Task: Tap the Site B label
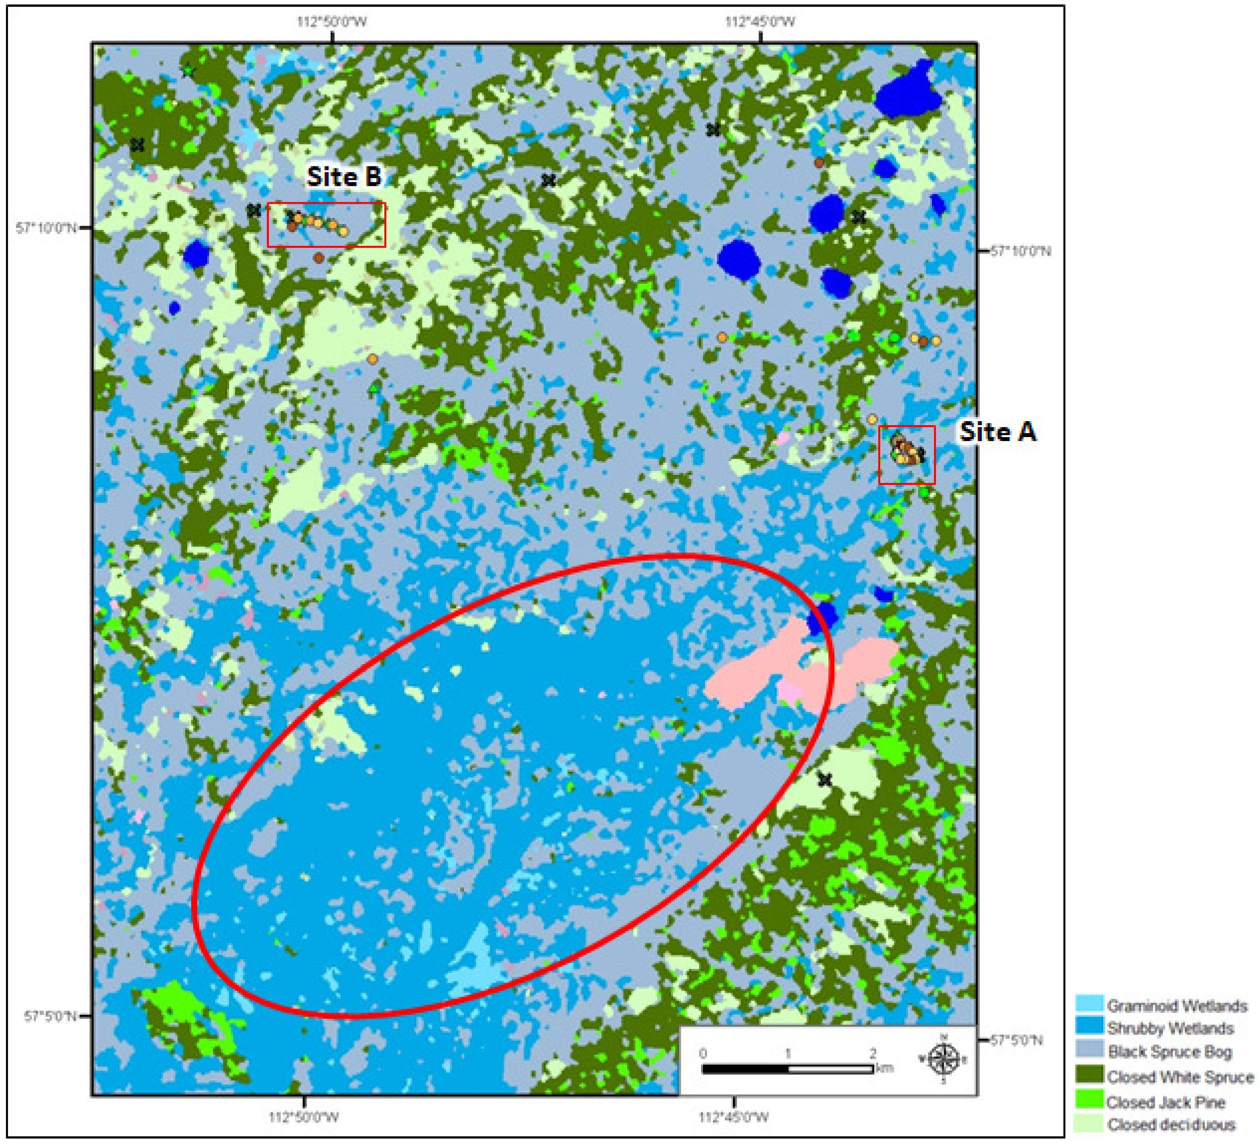(x=344, y=177)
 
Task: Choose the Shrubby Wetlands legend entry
(x=1170, y=1028)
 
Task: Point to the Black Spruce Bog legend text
(x=1169, y=1052)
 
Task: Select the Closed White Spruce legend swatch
(x=1088, y=1076)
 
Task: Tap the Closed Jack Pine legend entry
(x=1165, y=1102)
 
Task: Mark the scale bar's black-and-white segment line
(x=788, y=1069)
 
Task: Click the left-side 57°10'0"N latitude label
(x=46, y=228)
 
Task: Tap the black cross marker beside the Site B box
(x=253, y=211)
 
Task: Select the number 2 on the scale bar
(x=873, y=1053)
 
